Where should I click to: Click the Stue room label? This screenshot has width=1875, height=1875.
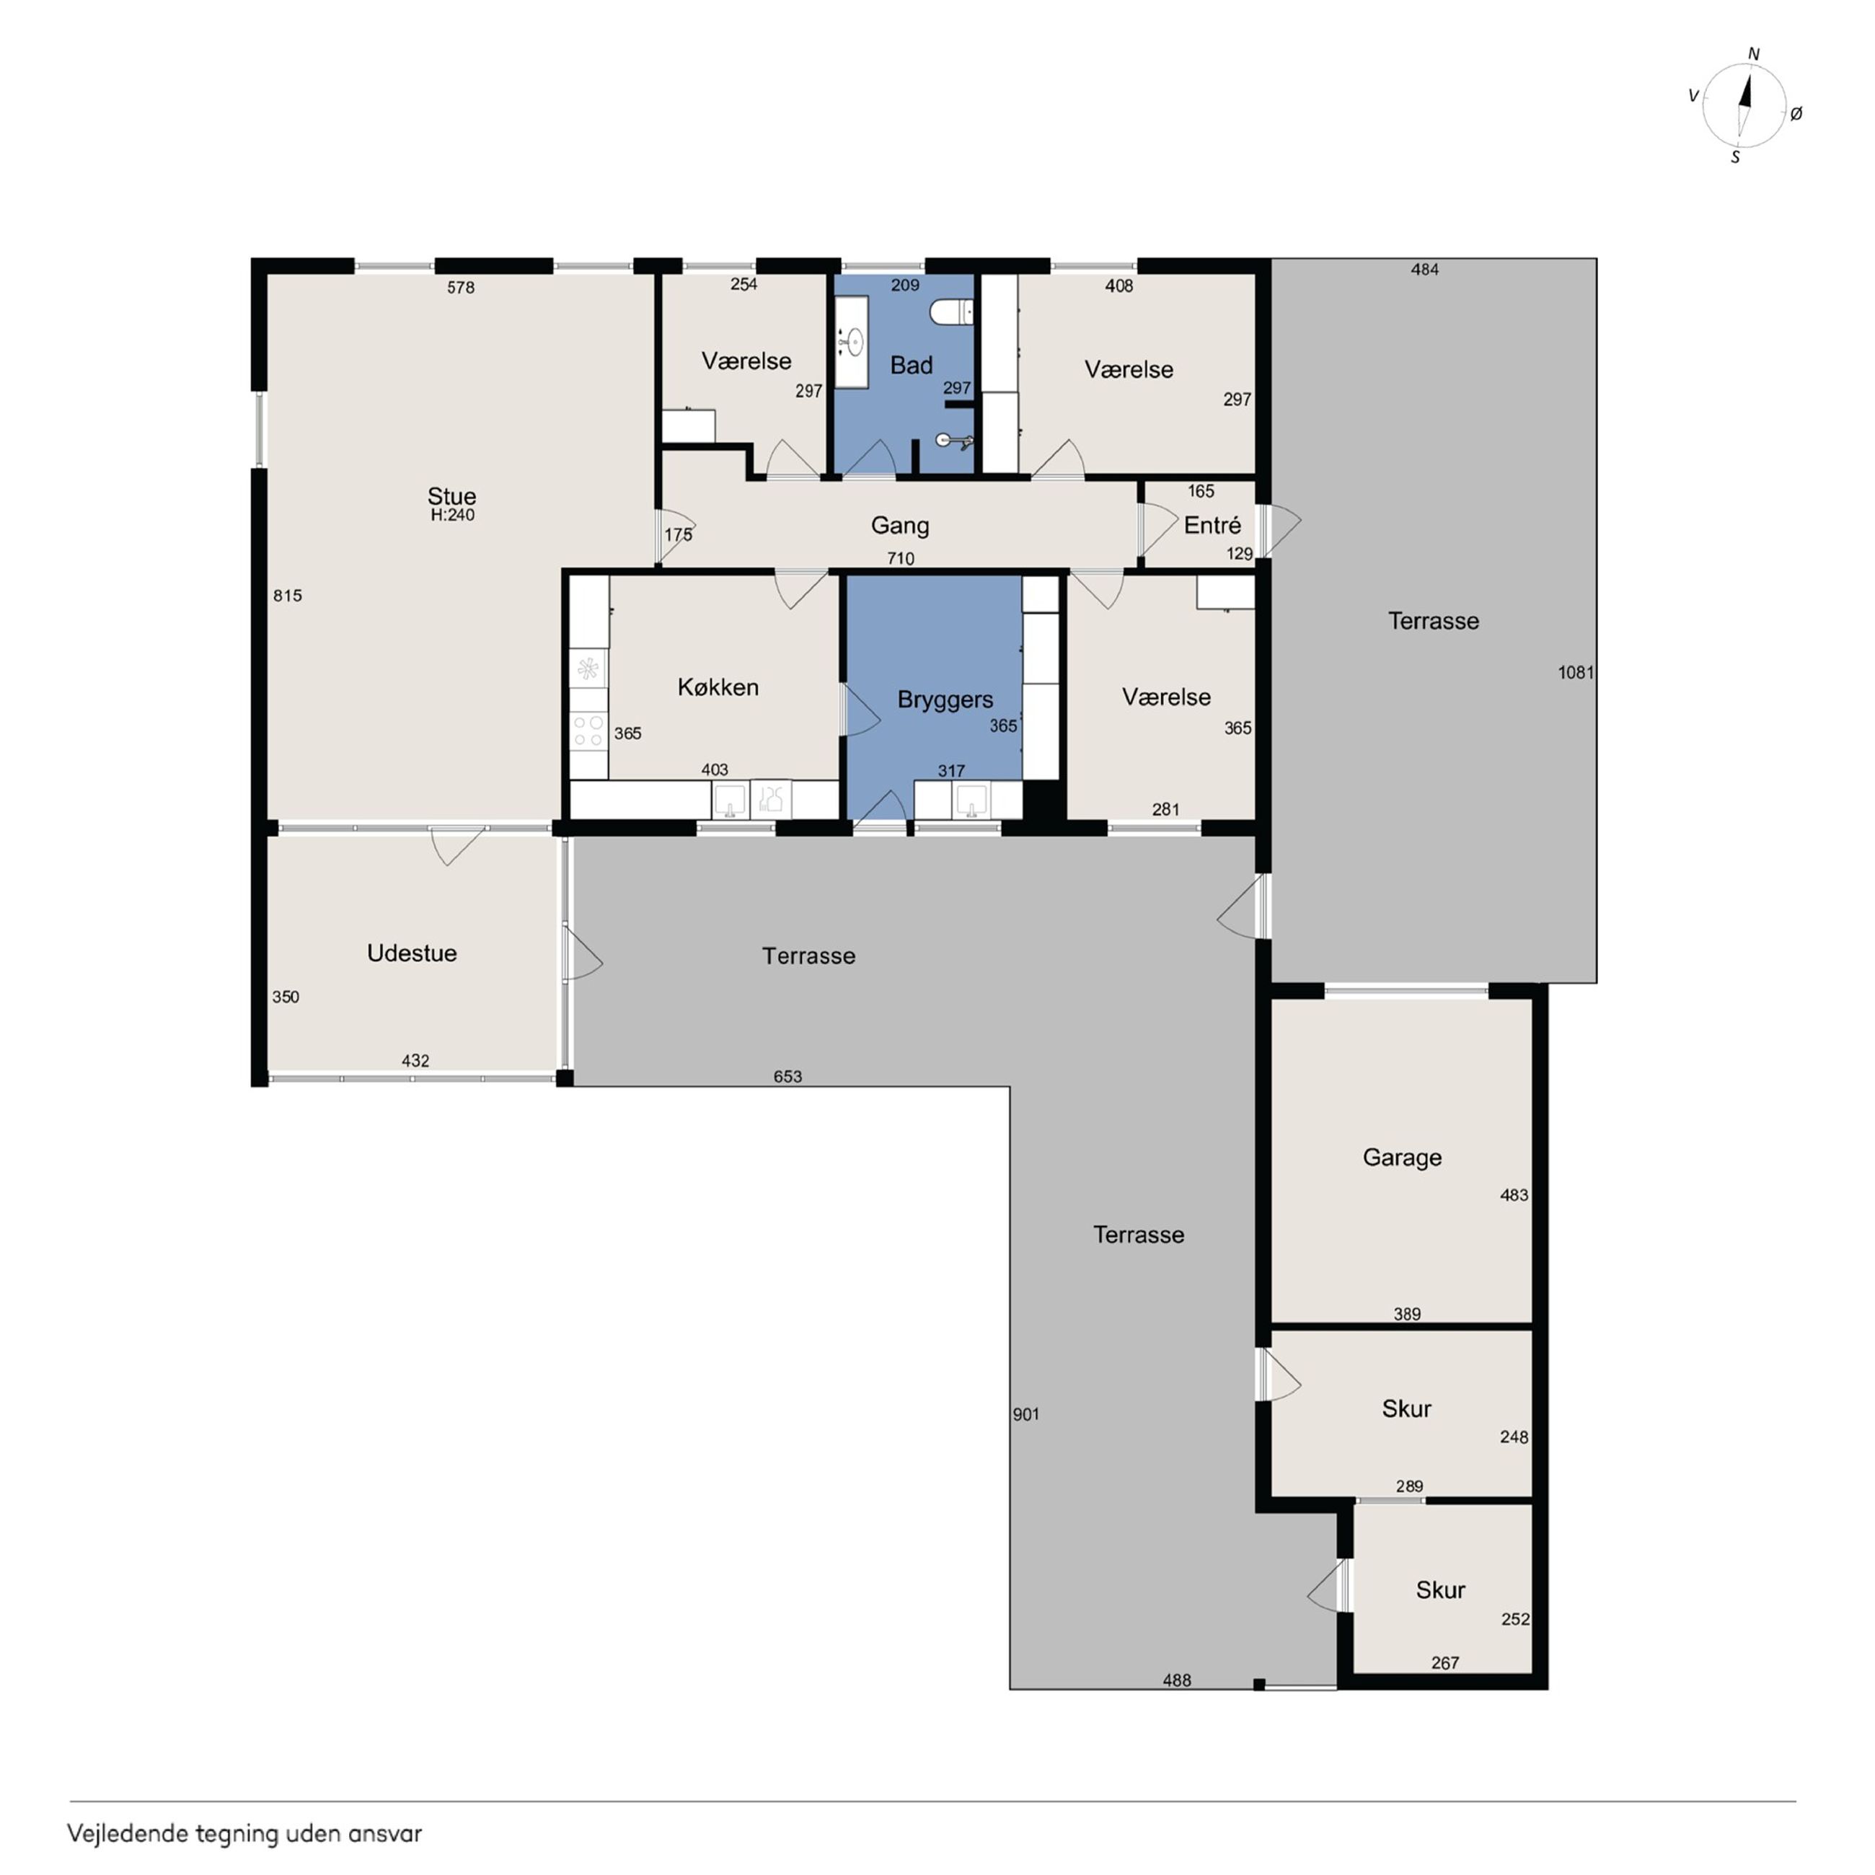(451, 496)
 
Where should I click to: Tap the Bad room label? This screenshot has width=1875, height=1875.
(912, 365)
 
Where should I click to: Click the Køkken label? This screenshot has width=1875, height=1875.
(718, 687)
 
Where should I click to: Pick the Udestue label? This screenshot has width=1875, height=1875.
(412, 953)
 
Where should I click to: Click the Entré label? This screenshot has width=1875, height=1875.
(1212, 525)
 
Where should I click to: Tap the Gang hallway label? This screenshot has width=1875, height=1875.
(900, 526)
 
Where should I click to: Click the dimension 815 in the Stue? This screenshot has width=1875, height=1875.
(287, 596)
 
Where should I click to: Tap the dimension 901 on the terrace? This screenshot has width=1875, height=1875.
(1025, 1414)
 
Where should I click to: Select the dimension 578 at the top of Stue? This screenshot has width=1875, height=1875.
(461, 287)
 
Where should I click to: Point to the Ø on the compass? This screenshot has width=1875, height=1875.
(1796, 113)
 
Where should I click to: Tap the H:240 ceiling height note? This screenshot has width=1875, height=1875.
(453, 516)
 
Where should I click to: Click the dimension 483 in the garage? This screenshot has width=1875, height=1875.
(1514, 1196)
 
